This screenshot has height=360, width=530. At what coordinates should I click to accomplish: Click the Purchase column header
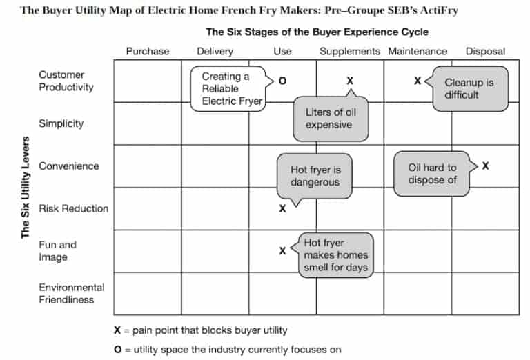point(147,51)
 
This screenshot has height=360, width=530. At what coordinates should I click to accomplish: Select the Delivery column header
point(215,51)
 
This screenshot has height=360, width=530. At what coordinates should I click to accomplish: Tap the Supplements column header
point(349,51)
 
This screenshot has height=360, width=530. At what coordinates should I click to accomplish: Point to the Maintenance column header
point(418,51)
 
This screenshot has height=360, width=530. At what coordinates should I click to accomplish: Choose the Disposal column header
point(485,51)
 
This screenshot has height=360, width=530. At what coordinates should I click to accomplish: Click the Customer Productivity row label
point(66,81)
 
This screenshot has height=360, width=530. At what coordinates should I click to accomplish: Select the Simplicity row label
point(61,123)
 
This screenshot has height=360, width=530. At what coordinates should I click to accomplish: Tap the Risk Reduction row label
point(74,208)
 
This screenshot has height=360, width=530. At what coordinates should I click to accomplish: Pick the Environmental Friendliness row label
point(72,293)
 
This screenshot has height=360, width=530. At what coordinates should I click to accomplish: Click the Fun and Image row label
point(58,251)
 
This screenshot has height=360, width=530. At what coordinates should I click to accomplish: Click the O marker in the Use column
point(282,81)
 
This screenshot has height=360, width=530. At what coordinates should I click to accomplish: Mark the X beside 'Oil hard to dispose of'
point(486,166)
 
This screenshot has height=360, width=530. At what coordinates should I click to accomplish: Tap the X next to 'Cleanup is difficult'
point(418,81)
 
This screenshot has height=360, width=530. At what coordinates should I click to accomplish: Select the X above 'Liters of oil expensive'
point(350,81)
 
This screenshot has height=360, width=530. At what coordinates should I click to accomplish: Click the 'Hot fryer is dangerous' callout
point(315,176)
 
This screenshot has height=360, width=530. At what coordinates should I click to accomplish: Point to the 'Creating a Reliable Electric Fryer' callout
point(226,88)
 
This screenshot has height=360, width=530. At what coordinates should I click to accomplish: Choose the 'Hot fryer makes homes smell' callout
point(336,255)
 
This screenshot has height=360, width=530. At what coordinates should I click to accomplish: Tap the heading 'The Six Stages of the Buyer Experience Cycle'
point(317,32)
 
